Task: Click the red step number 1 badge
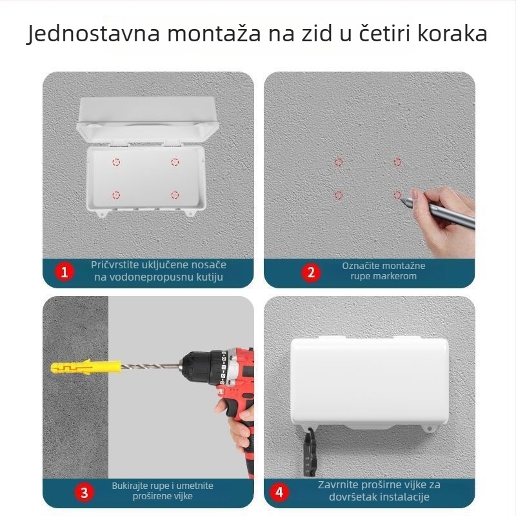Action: [x=63, y=272]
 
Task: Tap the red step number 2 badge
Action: [x=310, y=272]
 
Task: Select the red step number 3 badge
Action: [x=84, y=493]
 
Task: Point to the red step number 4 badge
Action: [x=279, y=493]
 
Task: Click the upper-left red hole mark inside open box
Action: [x=116, y=162]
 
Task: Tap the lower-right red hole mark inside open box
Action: [x=175, y=194]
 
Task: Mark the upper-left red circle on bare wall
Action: [x=339, y=163]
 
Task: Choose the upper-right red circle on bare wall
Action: [x=397, y=163]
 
